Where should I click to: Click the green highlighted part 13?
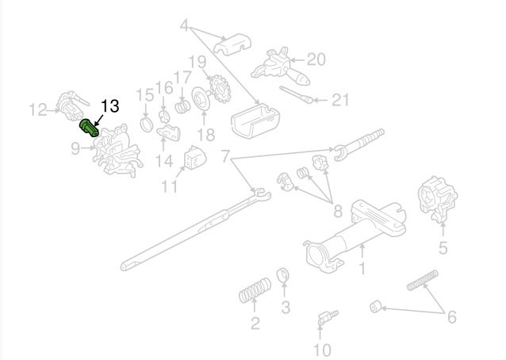point(89,128)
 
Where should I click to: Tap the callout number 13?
point(109,106)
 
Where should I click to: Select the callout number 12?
point(38,110)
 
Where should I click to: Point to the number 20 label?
point(316,59)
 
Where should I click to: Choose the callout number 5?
point(443,247)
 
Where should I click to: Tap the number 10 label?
point(321,349)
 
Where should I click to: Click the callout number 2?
point(255,322)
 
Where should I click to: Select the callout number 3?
point(286,307)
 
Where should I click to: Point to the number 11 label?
point(169,187)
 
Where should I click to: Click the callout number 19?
point(197,61)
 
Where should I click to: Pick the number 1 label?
point(362,268)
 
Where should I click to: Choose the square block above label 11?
point(194,158)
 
